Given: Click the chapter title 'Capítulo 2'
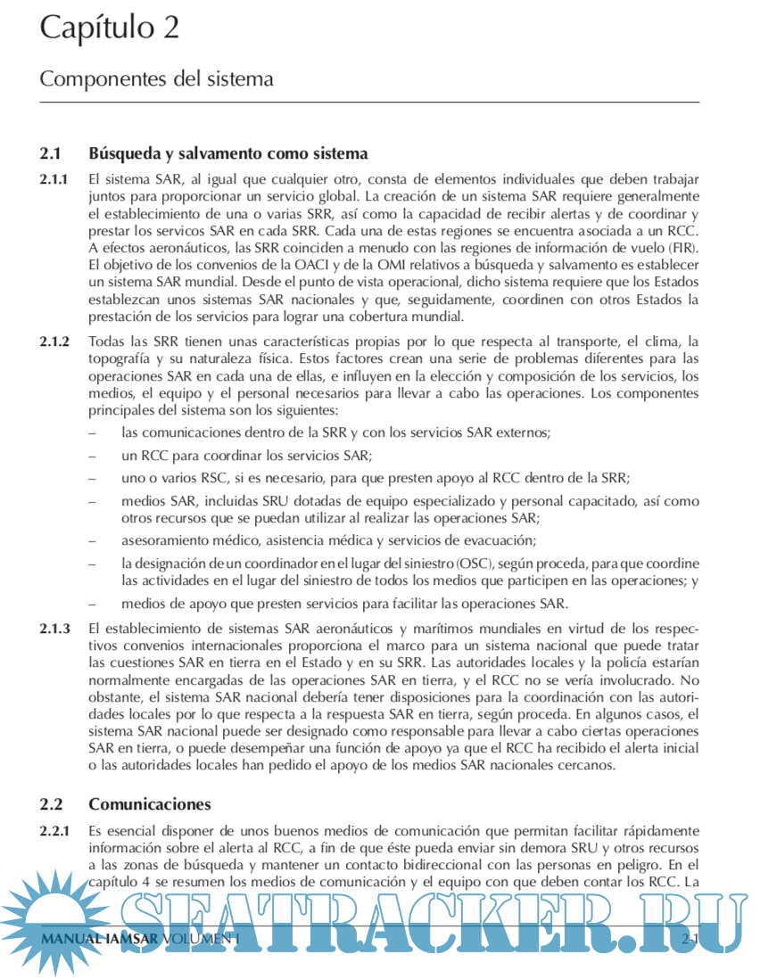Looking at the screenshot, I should click(109, 28).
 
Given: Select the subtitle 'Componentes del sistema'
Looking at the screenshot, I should click(156, 78).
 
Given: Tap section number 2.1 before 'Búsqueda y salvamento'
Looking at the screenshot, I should click(51, 154).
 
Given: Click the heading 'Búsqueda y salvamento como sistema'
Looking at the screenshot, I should click(227, 154).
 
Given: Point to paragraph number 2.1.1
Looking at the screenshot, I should click(54, 179).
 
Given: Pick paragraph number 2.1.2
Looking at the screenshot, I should click(54, 342).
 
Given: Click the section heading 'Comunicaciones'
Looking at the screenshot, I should click(150, 804).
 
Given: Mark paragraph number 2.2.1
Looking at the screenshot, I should click(54, 830).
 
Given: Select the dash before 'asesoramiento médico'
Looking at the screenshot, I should click(94, 540).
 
